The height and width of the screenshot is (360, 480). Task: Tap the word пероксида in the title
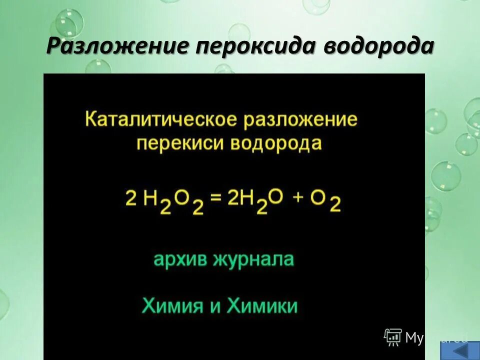tap(256, 46)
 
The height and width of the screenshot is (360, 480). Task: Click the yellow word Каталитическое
tap(161, 120)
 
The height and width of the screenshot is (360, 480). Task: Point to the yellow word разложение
tap(300, 120)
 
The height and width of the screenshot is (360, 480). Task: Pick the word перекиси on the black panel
tap(181, 144)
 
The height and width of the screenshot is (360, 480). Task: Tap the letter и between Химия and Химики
tap(215, 305)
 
